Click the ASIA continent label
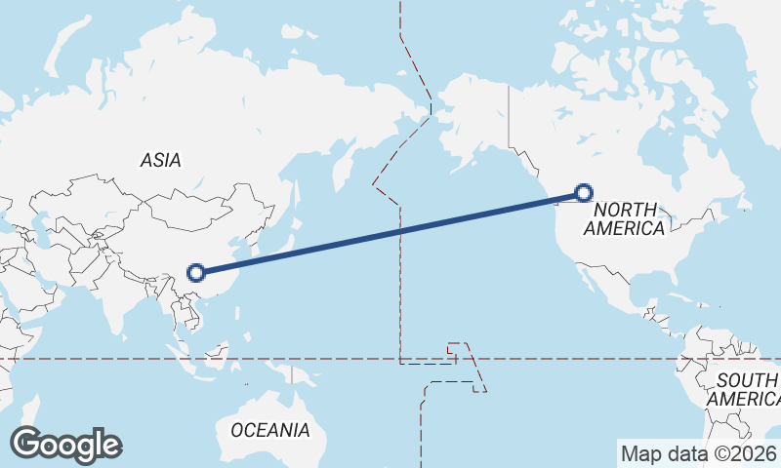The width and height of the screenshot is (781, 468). [161, 160]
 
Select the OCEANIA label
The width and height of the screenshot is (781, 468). [270, 429]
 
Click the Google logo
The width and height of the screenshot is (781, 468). [65, 445]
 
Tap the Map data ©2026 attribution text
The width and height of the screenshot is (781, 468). [698, 453]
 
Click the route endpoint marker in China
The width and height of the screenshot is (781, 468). [196, 273]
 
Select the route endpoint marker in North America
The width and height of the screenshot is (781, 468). [584, 193]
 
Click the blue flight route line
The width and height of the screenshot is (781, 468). [390, 233]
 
